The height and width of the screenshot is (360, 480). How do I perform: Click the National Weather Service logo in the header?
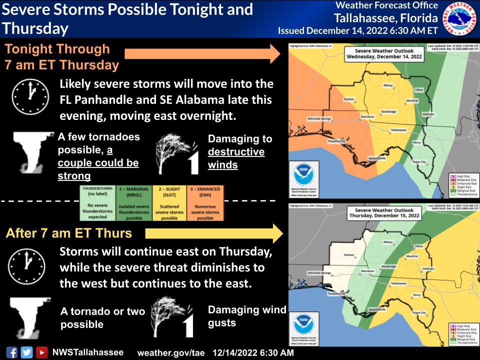coord(460,18)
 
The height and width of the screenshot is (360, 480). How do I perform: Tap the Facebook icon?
coord(12,352)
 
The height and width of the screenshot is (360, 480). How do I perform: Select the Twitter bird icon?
coord(26,352)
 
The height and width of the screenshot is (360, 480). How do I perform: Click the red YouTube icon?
coord(41,352)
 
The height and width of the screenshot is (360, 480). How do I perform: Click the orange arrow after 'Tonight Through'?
coord(202,53)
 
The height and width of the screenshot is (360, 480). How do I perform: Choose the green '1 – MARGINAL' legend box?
coord(134,203)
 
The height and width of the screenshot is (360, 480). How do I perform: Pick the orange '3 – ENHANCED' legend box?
coord(205,203)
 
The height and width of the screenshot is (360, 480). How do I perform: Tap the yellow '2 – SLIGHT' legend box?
coord(170,203)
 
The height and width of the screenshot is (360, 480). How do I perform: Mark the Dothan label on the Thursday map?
coord(348,255)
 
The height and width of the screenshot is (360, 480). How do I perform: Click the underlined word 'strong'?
coord(74,175)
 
